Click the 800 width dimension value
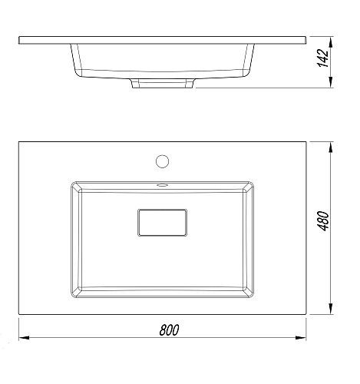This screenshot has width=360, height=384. [x=169, y=329]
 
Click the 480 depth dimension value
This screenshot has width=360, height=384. [x=323, y=221]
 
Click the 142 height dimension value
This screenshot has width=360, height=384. [x=323, y=58]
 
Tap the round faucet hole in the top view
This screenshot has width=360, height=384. [x=162, y=161]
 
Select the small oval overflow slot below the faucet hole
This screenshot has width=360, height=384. [x=162, y=184]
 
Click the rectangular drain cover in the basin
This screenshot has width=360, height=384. [x=162, y=223]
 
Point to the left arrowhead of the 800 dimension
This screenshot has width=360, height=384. [x=24, y=338]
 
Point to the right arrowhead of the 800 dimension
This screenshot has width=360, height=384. [x=301, y=338]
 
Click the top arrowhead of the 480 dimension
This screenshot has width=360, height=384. [x=331, y=147]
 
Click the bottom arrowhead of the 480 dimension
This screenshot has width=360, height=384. [x=331, y=309]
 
